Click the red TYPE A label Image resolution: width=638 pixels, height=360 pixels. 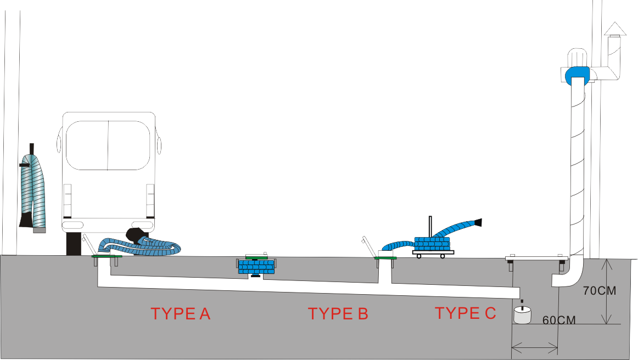pos(181,314)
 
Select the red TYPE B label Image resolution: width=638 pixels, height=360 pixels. pos(338,314)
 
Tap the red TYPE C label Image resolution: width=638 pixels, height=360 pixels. pos(465,313)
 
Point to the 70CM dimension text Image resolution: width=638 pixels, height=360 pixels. pos(599,291)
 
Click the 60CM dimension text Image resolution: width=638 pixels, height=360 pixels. pos(559,320)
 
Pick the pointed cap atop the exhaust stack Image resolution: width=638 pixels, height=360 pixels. pos(615,29)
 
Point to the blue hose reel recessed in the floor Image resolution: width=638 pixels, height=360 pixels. pos(256,267)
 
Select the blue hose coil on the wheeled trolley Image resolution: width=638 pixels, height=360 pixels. pos(432,243)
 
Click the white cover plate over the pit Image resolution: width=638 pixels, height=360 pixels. pos(535,258)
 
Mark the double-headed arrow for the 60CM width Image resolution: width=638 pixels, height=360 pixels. pos(535,346)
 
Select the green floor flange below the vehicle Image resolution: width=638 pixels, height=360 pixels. pos(107,256)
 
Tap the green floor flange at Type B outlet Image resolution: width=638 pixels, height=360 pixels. pos(385,257)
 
